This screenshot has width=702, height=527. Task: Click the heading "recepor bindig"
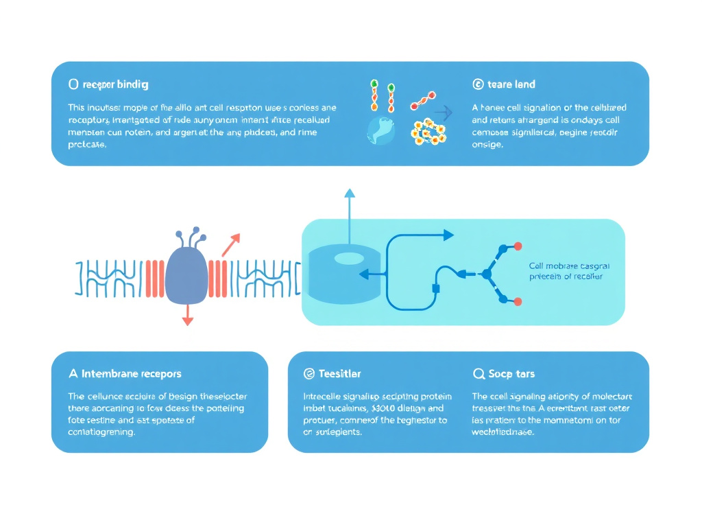115,85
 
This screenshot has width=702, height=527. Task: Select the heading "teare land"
511,84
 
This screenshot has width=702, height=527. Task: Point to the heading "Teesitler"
339,374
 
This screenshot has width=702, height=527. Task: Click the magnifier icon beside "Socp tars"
479,374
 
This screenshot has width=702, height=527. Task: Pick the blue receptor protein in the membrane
186,274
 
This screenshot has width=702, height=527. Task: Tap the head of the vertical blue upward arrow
350,193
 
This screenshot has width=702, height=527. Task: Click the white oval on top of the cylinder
348,258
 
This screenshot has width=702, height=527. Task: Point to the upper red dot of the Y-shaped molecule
518,246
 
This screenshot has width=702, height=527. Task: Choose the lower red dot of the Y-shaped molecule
518,301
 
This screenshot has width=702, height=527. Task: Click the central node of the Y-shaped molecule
487,274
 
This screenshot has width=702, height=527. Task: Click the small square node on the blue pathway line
435,288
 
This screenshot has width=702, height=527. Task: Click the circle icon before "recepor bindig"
73,84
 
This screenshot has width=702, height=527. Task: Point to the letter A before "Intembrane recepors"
73,374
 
